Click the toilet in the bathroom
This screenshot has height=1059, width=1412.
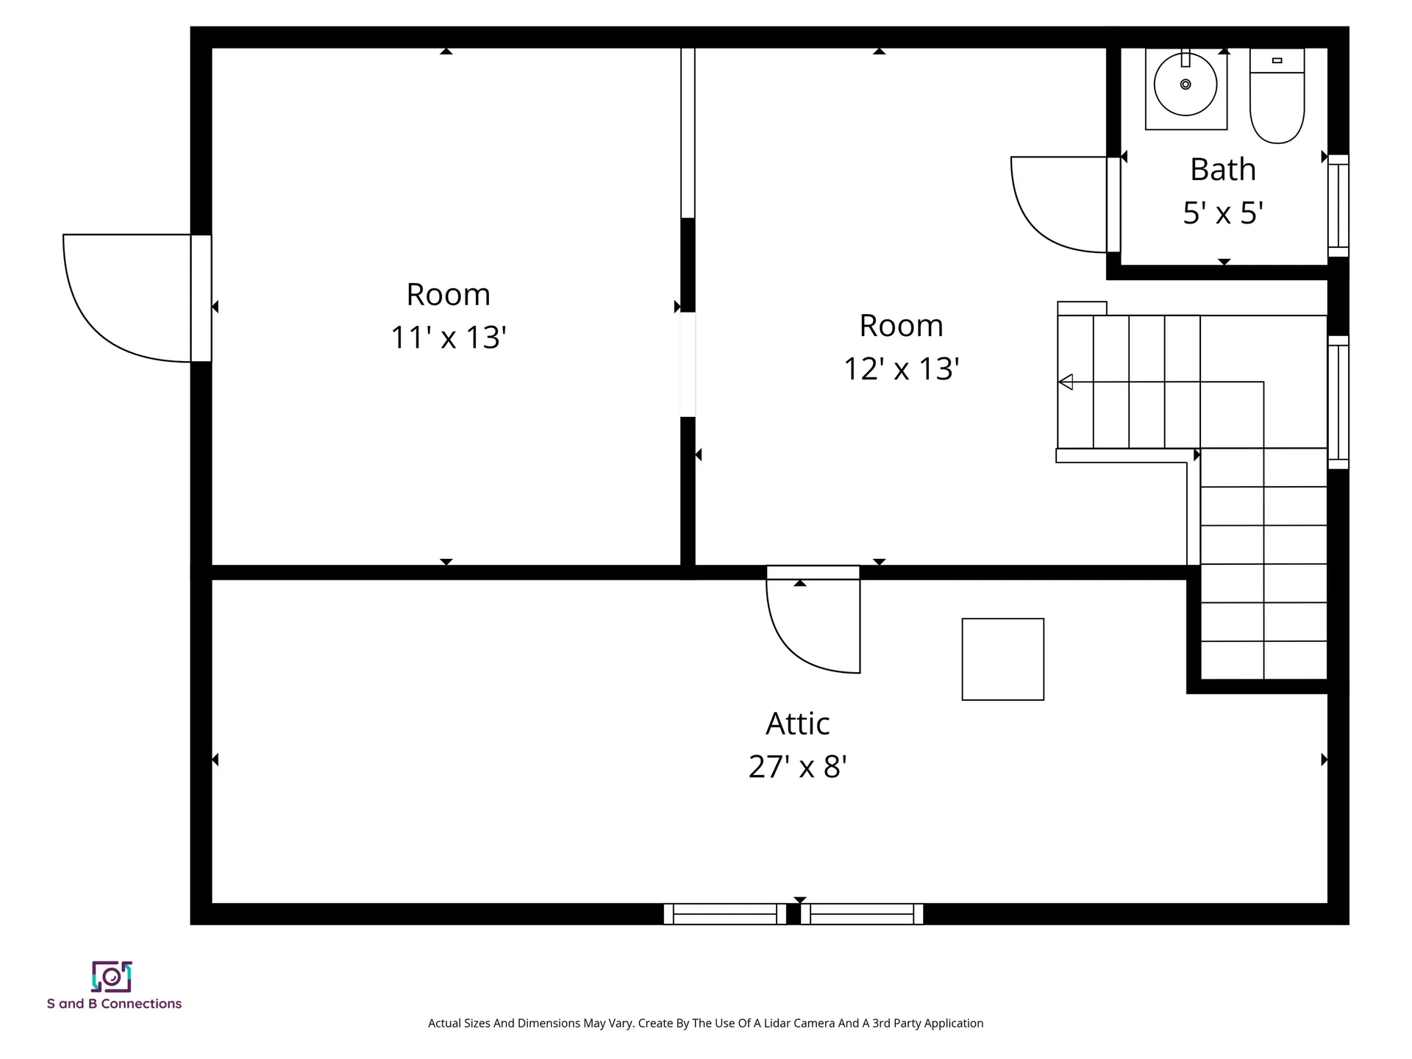click(1277, 103)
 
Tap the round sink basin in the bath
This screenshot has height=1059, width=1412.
click(1185, 85)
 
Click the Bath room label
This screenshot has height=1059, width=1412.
click(1222, 170)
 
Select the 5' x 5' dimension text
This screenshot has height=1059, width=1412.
click(1222, 213)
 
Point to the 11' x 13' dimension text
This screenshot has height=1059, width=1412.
click(448, 338)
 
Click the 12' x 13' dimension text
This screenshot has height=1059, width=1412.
click(901, 369)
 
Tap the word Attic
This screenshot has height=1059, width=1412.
click(797, 724)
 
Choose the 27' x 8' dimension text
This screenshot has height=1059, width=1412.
click(797, 767)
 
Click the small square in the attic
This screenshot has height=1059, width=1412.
click(1002, 659)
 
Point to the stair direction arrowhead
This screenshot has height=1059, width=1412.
click(1066, 382)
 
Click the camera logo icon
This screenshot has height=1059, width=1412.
click(112, 977)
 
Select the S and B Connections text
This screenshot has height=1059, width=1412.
click(114, 1004)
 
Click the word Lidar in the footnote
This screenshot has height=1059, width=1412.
click(777, 1023)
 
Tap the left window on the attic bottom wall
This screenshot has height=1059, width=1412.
click(724, 914)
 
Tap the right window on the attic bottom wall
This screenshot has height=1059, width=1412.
click(862, 914)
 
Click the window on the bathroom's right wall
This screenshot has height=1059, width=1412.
click(1338, 206)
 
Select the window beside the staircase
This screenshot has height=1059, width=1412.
click(1338, 402)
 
